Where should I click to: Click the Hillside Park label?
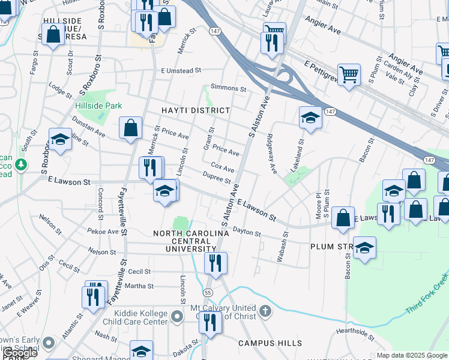[98, 106]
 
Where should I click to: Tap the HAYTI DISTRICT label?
[196, 110]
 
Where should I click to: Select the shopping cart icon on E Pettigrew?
[349, 74]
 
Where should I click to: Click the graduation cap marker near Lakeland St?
[310, 117]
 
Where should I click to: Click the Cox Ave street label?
[222, 166]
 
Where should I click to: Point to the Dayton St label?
[246, 231]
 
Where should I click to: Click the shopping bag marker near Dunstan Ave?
[130, 128]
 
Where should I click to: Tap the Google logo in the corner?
[19, 353]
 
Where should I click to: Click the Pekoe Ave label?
[103, 231]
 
